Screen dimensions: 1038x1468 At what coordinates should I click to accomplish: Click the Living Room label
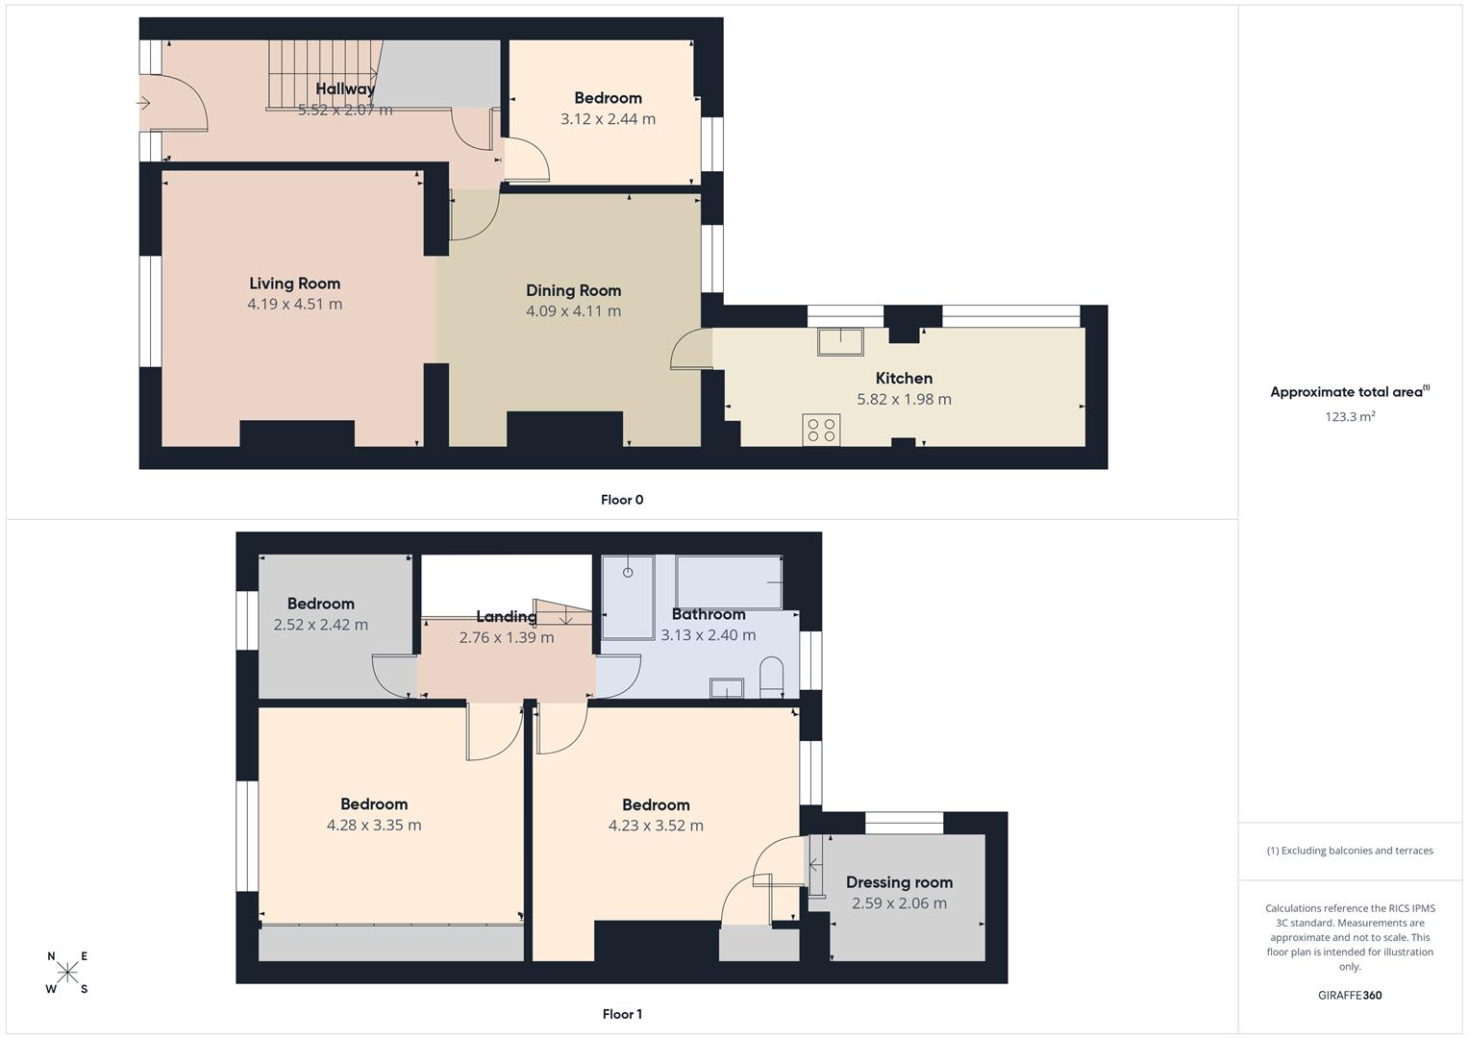[294, 284]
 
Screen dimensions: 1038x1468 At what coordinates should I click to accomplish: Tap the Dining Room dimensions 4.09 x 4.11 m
[573, 311]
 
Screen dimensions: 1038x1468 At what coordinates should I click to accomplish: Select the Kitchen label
[904, 379]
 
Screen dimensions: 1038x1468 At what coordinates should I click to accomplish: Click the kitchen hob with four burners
[821, 430]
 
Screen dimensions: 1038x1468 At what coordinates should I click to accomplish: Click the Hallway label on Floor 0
[345, 89]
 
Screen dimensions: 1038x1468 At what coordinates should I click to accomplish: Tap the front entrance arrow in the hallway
[145, 103]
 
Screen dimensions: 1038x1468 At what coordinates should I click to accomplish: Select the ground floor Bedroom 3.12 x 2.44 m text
[608, 119]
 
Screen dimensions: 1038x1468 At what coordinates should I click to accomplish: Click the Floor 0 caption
[622, 500]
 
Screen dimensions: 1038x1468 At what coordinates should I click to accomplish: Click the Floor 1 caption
[622, 1014]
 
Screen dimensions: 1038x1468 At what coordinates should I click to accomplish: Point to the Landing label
[506, 617]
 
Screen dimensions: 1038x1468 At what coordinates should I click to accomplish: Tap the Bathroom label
[709, 614]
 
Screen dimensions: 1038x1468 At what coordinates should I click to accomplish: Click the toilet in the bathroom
[771, 677]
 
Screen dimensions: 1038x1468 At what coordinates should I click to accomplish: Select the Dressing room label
[899, 882]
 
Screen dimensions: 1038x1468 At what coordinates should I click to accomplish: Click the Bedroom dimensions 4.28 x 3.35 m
[374, 825]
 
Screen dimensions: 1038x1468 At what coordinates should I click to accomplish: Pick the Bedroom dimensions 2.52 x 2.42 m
[320, 625]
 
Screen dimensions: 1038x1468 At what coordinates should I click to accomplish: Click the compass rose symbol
[67, 973]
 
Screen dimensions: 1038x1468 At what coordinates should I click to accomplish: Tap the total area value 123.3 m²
[1350, 417]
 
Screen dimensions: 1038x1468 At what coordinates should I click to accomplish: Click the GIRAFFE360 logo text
[1350, 996]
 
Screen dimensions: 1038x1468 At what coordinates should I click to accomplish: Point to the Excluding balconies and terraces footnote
[1350, 851]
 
